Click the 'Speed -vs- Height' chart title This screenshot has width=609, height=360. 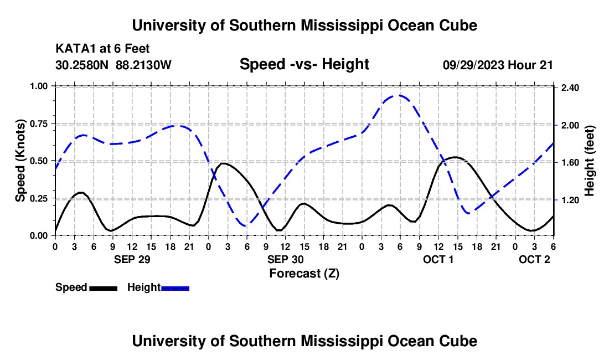304,64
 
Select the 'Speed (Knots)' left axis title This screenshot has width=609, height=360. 20,161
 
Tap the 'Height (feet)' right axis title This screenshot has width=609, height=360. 589,161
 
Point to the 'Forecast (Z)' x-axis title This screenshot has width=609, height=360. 303,273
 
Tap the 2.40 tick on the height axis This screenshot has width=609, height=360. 570,88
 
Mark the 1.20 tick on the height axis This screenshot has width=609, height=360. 570,200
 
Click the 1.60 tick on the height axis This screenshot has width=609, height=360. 570,163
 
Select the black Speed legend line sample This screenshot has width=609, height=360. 103,288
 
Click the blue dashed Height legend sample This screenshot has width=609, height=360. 175,288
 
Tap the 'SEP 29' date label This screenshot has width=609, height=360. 132,259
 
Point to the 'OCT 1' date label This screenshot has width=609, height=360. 438,259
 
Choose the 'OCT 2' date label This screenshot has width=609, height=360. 534,259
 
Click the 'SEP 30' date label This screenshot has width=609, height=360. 285,259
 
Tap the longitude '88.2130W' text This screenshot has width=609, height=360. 144,65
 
